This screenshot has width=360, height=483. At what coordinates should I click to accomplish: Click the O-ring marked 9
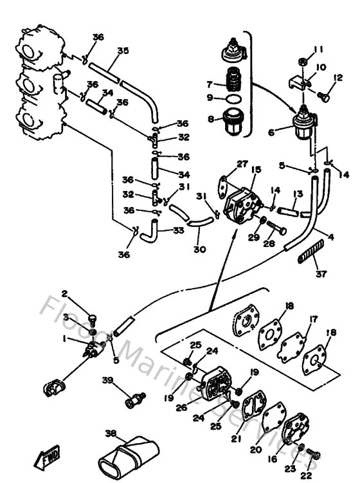tap(236, 98)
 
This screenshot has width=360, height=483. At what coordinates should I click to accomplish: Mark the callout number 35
tap(123, 50)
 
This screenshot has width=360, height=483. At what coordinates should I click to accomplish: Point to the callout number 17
tap(314, 319)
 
